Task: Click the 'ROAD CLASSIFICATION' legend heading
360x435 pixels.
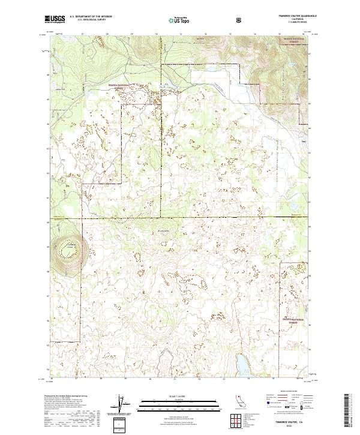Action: (286, 394)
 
